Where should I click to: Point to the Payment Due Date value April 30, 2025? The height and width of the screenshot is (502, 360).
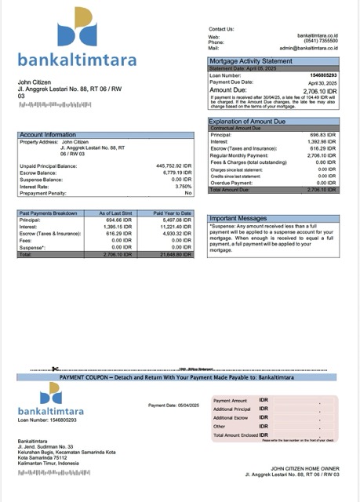coord(321,82)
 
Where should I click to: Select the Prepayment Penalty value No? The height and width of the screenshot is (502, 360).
coord(187,193)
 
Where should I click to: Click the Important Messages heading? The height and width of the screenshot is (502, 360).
coord(238,218)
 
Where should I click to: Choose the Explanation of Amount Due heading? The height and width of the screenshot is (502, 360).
coord(249,122)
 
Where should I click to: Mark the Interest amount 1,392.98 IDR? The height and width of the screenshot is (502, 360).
coord(322,142)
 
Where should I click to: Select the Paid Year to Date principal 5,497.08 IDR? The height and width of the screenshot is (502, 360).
coord(174,220)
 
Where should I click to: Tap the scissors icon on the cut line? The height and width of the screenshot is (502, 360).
coord(55,368)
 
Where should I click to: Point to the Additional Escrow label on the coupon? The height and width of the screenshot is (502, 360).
coord(231,417)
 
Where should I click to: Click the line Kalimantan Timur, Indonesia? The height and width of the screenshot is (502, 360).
coord(49,464)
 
